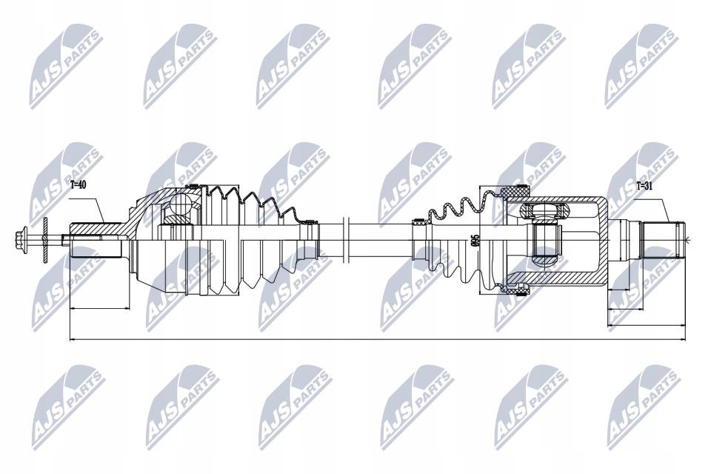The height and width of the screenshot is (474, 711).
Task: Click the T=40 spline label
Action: coord(79,185)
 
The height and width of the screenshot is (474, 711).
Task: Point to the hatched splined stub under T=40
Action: coord(95,239)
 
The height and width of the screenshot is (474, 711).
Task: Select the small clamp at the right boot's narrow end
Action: coord(419,219)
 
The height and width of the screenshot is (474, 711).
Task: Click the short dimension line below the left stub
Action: coord(99,307)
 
